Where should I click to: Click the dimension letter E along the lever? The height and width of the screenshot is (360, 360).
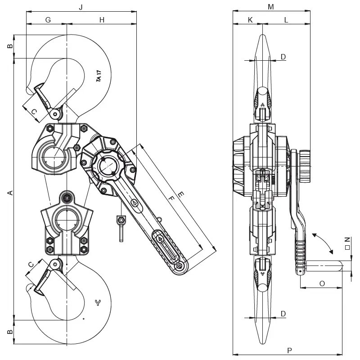point(181,195)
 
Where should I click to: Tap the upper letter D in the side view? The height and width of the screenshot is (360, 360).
point(283,57)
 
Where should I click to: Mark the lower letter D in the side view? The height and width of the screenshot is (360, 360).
point(283,314)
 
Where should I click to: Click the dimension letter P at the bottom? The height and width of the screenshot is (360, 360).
point(289,350)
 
